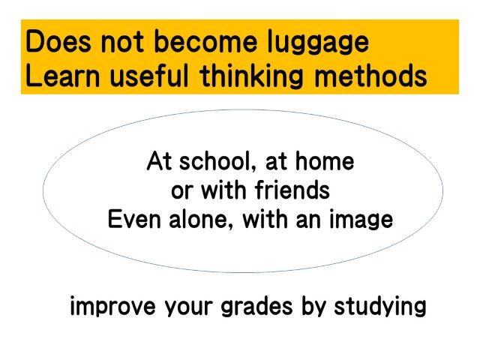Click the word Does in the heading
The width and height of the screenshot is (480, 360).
(x=58, y=41)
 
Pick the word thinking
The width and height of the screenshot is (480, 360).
(x=251, y=77)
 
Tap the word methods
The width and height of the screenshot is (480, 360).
(x=370, y=76)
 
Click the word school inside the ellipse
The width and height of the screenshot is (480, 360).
(x=217, y=161)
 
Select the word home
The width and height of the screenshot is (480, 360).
(x=325, y=161)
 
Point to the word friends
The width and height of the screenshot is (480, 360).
(x=292, y=190)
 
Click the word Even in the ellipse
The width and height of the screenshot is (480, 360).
(x=134, y=219)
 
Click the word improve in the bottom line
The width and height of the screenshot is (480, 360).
(x=112, y=307)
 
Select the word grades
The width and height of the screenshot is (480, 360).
(x=256, y=307)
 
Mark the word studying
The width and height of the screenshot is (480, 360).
(x=380, y=307)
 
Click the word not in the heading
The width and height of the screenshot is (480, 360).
(x=122, y=42)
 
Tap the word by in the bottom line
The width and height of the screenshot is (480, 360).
(x=313, y=307)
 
